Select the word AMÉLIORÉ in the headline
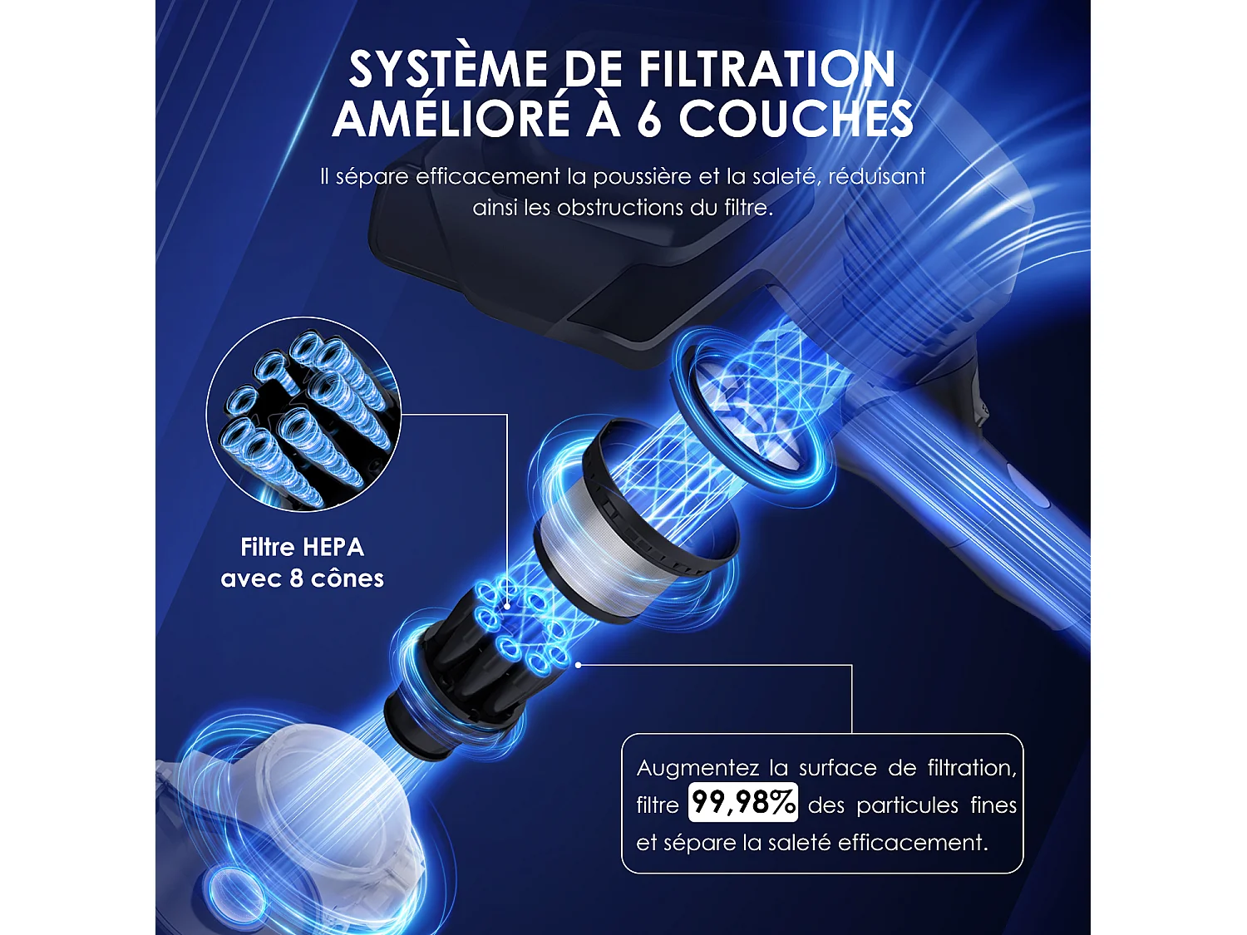click(x=451, y=118)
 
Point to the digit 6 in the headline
click(x=648, y=119)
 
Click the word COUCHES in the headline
click(x=796, y=118)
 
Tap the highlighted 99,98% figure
click(x=743, y=803)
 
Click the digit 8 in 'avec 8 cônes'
click(x=296, y=578)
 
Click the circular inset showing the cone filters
click(x=303, y=414)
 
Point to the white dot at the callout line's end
click(x=578, y=665)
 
